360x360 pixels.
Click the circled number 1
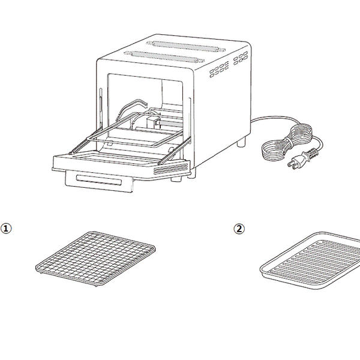tap(6, 229)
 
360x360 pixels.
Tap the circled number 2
tap(239, 229)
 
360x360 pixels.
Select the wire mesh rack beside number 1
tap(95, 259)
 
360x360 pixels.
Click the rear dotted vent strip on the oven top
tap(186, 46)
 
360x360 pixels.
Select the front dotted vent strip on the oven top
tap(164, 57)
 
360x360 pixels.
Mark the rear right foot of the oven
tap(241, 142)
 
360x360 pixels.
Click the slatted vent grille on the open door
tap(171, 169)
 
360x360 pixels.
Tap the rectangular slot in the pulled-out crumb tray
tap(99, 180)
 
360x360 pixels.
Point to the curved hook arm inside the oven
tap(131, 108)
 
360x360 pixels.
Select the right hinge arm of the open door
tap(175, 151)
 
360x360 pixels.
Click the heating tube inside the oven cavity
tap(169, 124)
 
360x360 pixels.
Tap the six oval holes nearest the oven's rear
tap(241, 58)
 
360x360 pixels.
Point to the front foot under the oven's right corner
tap(192, 173)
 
